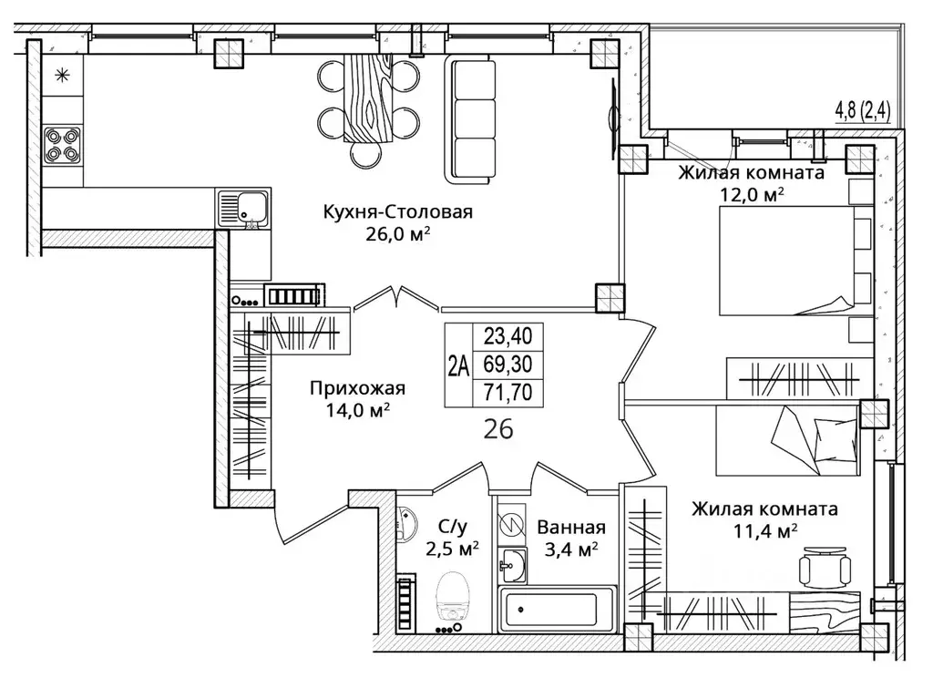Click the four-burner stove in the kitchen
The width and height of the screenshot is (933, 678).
coord(63,145)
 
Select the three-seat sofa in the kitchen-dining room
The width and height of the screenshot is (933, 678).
coord(471,119)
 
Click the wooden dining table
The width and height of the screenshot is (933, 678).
coord(369,98)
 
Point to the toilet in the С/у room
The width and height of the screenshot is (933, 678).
coord(453,598)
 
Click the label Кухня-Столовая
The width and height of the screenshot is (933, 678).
coord(397,212)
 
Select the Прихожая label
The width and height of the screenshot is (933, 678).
coord(357,389)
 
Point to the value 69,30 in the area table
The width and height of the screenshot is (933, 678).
coord(508,364)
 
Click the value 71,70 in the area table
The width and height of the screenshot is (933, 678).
coord(508,392)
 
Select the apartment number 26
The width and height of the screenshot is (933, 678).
coord(498,429)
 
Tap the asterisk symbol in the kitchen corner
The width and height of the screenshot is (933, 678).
coord(62,76)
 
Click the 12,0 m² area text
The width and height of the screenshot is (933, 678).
coord(752,194)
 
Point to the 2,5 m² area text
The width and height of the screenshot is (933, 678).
coord(452,548)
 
